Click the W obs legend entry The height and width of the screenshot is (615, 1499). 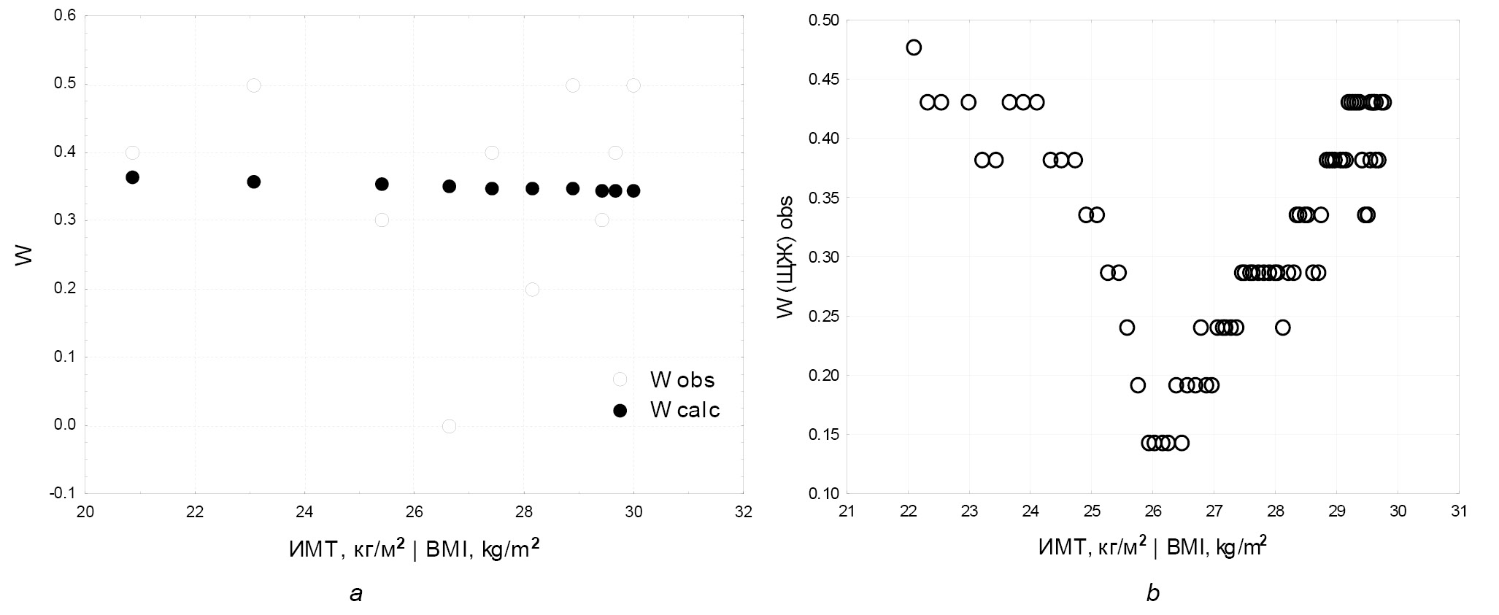pos(666,379)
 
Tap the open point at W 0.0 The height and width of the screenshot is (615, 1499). pos(449,426)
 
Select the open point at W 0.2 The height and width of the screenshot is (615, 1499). pos(532,290)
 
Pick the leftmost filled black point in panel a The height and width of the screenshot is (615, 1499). pos(132,177)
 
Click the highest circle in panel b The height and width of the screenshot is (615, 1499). pos(914,47)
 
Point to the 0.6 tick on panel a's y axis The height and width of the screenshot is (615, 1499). pos(66,16)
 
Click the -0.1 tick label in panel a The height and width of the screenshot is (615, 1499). pos(64,494)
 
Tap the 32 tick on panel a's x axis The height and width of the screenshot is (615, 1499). pos(743,511)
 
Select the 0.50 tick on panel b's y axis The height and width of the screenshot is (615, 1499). pos(823,20)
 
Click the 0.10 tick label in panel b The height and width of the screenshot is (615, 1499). pos(823,494)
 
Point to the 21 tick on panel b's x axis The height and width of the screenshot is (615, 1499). pos(846,511)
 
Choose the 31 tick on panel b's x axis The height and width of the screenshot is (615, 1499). pos(1458,511)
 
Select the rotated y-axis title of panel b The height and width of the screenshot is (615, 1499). pos(785,257)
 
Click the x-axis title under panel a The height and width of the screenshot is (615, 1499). pos(415,549)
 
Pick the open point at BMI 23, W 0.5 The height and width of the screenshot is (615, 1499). pos(253,85)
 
